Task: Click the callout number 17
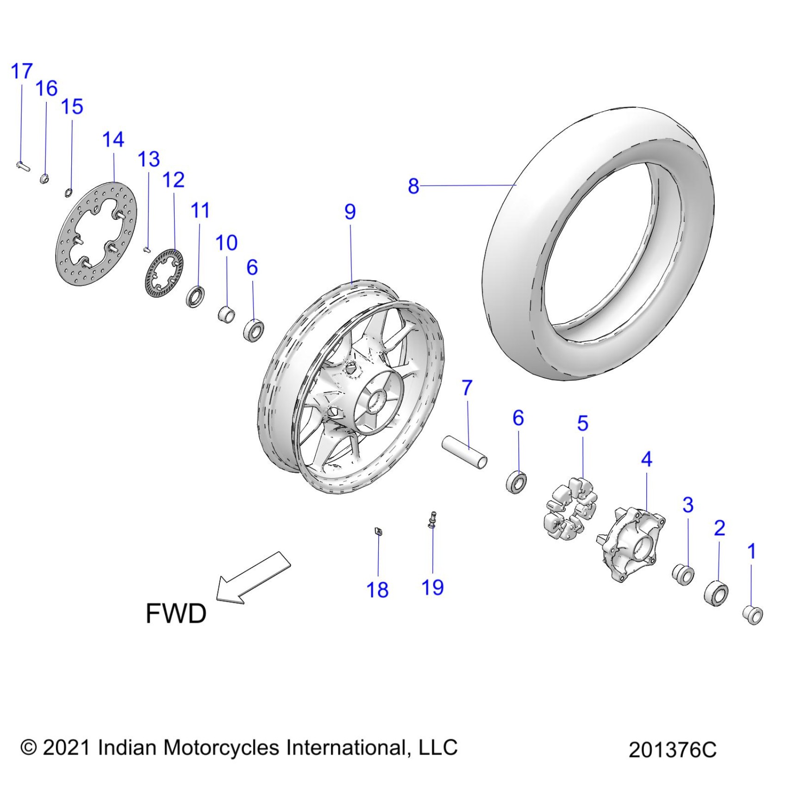coord(21,72)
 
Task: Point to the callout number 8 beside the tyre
coord(413,186)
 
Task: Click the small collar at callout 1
coord(752,614)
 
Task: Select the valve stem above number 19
coord(433,519)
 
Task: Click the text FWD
coord(176,613)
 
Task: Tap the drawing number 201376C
coord(672,750)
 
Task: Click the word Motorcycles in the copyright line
coord(221,748)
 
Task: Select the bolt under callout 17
coord(22,165)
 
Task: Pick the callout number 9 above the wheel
coord(350,212)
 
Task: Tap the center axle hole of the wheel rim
coord(377,400)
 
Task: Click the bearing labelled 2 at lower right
coord(716,593)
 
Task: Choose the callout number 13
coord(149,159)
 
